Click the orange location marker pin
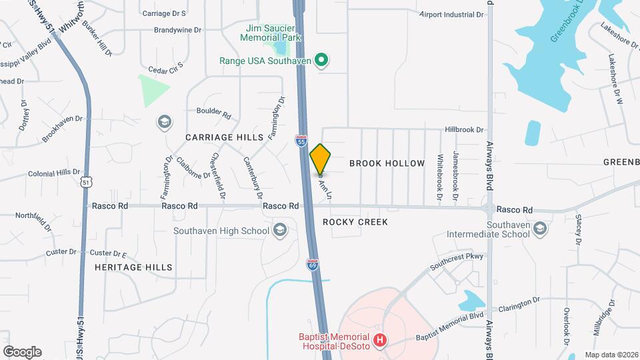pos(321,159)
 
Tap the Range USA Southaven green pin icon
pos(321,61)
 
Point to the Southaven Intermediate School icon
pos(540,229)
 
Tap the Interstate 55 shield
pos(301,141)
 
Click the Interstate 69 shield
pos(313,265)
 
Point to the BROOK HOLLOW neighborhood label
pos(387,163)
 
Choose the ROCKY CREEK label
pos(355,222)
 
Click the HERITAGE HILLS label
pos(133,267)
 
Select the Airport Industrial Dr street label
pos(451,14)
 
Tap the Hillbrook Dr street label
pos(465,130)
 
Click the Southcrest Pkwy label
pos(456,261)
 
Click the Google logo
pos(22,351)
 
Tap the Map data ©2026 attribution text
pos(610,355)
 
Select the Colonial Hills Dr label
pos(54,173)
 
